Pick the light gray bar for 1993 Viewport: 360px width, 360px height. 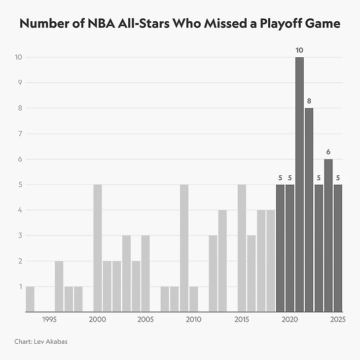point(30,299)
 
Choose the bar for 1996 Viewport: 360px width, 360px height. point(59,286)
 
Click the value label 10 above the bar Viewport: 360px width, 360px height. point(299,50)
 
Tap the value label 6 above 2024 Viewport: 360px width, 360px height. point(328,152)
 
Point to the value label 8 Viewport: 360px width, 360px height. point(309,101)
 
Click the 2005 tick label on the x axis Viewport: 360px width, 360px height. point(145,320)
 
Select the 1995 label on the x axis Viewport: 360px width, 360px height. point(49,320)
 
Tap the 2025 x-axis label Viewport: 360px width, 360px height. point(338,320)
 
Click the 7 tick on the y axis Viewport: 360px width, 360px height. point(20,133)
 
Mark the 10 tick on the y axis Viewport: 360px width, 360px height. point(19,57)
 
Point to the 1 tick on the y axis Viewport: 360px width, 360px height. point(20,286)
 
